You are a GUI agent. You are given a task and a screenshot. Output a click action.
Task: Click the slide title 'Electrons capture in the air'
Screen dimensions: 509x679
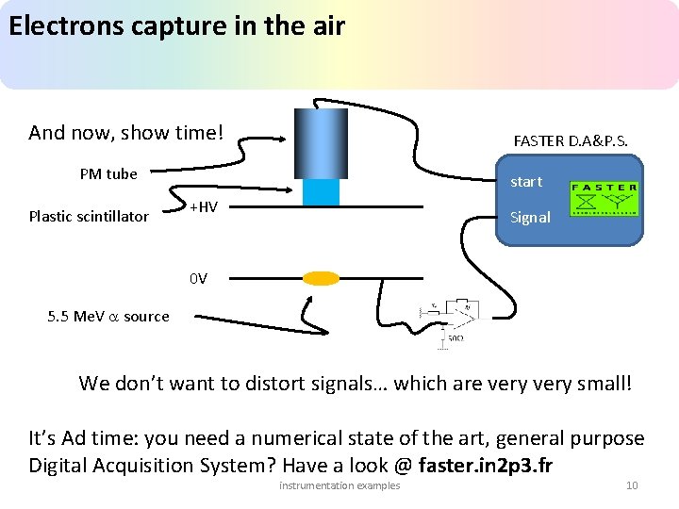(x=176, y=25)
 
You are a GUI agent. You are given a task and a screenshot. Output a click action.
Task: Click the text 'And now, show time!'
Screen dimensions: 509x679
(x=125, y=133)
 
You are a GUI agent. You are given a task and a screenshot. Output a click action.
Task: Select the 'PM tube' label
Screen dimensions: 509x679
(x=108, y=173)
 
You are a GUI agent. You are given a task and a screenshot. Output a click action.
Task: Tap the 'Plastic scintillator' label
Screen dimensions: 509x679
(x=89, y=216)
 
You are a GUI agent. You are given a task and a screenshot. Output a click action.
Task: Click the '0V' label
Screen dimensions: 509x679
(x=198, y=278)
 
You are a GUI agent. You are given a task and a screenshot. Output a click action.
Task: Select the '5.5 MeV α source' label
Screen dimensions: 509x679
(x=108, y=317)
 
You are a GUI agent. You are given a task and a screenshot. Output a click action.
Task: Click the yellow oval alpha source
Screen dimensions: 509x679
(x=321, y=278)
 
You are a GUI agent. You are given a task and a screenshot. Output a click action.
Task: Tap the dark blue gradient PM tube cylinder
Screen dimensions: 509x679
(x=321, y=142)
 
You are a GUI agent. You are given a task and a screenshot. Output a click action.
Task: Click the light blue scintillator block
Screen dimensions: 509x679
(x=321, y=191)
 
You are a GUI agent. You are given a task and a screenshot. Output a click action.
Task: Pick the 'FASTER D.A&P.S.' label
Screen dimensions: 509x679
(x=571, y=140)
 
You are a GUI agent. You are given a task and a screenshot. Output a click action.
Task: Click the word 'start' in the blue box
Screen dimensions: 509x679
(x=526, y=182)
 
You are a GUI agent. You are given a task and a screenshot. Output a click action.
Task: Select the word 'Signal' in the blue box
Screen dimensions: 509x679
(x=530, y=217)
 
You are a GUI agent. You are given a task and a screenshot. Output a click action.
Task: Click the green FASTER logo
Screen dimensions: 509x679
(x=604, y=199)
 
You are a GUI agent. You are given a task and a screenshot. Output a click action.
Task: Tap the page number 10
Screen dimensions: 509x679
(x=632, y=485)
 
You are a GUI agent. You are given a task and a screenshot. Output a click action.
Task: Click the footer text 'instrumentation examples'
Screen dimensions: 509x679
(x=339, y=485)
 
